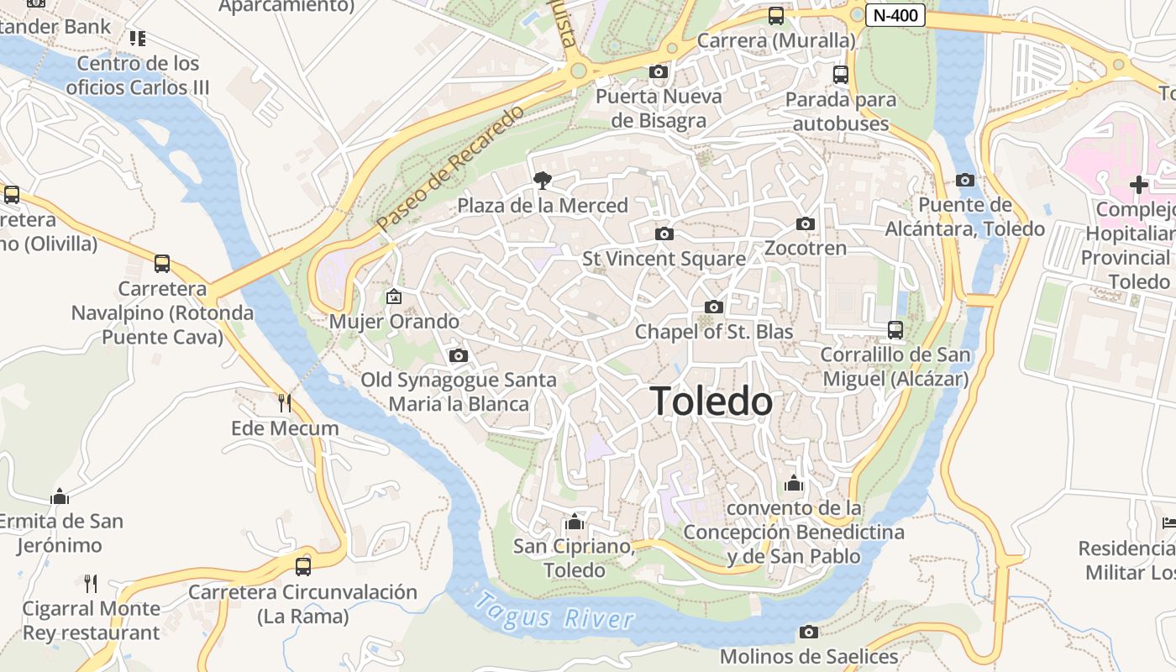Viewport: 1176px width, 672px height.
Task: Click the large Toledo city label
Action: click(711, 402)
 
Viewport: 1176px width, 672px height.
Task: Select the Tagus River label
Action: click(554, 612)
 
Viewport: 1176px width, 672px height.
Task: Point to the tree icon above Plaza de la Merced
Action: click(543, 180)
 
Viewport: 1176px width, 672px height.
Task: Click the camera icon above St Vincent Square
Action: click(664, 234)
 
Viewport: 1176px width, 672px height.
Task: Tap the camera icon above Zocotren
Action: click(806, 223)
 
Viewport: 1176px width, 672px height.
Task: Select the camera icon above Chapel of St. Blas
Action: click(714, 307)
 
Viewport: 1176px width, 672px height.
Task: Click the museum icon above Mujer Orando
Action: click(393, 296)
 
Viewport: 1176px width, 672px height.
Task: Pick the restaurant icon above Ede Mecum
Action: click(285, 403)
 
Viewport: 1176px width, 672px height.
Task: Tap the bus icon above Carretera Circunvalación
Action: click(303, 566)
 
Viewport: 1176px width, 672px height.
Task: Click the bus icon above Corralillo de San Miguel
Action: click(895, 330)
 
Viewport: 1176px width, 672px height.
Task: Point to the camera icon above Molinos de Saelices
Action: click(809, 632)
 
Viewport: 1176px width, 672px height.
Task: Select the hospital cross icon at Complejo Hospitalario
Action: click(1139, 184)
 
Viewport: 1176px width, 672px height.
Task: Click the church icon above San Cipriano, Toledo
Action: click(575, 522)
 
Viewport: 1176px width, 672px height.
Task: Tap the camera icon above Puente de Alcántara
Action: click(965, 180)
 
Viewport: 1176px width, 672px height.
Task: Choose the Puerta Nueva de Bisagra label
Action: click(659, 108)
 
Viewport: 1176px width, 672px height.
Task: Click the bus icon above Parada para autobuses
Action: click(841, 75)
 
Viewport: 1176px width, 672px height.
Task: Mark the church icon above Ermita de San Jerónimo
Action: click(60, 496)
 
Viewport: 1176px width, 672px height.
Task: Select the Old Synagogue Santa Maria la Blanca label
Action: click(459, 391)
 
